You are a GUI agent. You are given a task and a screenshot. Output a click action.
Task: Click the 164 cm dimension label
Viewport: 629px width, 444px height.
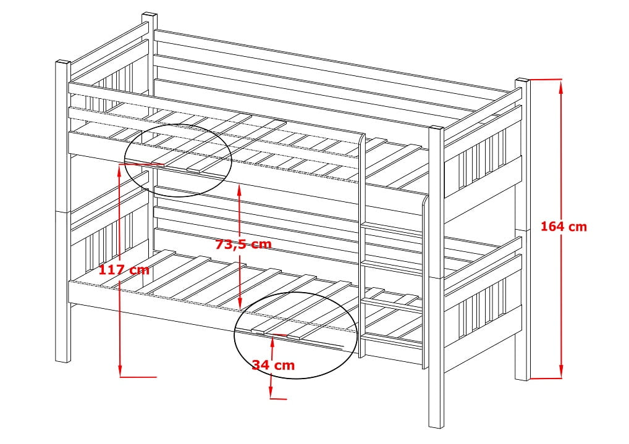[x=563, y=227]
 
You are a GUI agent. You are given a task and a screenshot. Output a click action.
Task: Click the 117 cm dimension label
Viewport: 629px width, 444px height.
[x=124, y=270]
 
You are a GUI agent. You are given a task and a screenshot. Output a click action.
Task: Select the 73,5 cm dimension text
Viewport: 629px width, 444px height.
[x=243, y=244]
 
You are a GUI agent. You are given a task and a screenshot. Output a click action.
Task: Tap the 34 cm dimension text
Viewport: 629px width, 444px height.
[x=273, y=365]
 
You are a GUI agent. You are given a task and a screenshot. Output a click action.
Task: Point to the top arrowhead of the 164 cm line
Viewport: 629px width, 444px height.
[x=561, y=85]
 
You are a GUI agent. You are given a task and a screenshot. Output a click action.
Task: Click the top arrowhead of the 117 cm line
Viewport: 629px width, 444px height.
[x=118, y=168]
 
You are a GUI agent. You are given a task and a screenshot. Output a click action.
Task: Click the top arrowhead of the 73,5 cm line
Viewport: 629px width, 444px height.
[x=239, y=188]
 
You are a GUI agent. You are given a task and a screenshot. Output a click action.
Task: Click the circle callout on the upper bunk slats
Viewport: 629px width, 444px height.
[x=178, y=159]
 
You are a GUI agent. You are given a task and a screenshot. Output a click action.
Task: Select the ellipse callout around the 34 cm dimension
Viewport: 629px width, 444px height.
[x=295, y=334]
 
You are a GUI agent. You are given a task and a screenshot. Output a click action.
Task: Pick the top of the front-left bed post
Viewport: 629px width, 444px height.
[x=62, y=62]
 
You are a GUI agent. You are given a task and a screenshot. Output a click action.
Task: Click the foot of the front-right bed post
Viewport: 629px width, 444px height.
[x=436, y=424]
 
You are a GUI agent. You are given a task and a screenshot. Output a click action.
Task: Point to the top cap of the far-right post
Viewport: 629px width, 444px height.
[x=522, y=80]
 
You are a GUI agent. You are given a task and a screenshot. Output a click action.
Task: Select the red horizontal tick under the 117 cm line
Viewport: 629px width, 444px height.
[x=137, y=376]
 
